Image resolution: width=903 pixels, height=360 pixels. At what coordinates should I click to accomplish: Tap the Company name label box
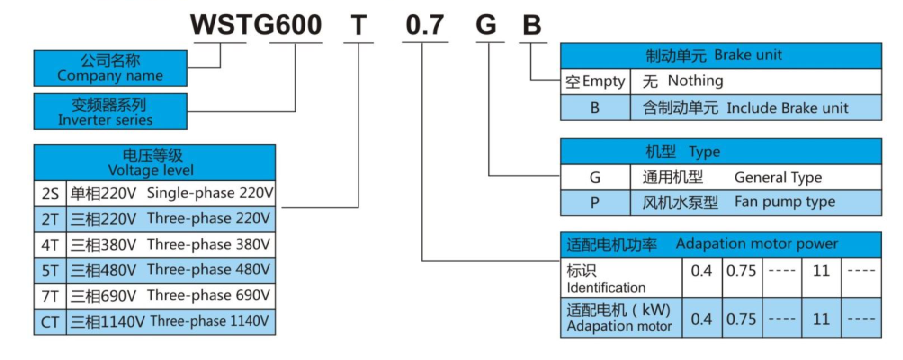click(x=110, y=68)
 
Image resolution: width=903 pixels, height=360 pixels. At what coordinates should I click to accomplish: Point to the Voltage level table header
click(x=154, y=162)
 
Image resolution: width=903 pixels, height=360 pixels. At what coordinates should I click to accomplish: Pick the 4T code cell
click(x=50, y=244)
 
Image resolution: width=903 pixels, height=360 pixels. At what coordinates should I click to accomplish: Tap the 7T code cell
click(x=50, y=296)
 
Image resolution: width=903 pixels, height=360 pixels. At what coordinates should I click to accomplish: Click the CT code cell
click(x=50, y=322)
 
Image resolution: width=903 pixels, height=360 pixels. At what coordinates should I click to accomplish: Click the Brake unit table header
click(x=720, y=56)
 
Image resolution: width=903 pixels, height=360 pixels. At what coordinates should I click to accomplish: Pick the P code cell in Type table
click(x=595, y=202)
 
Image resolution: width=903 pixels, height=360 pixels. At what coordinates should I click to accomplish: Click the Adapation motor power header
click(x=720, y=244)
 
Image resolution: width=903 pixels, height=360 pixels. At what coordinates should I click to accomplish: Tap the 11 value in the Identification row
click(x=821, y=271)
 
